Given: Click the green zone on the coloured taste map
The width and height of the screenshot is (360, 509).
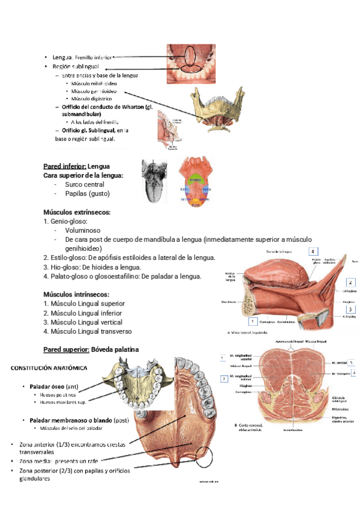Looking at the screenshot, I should point(194,179).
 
